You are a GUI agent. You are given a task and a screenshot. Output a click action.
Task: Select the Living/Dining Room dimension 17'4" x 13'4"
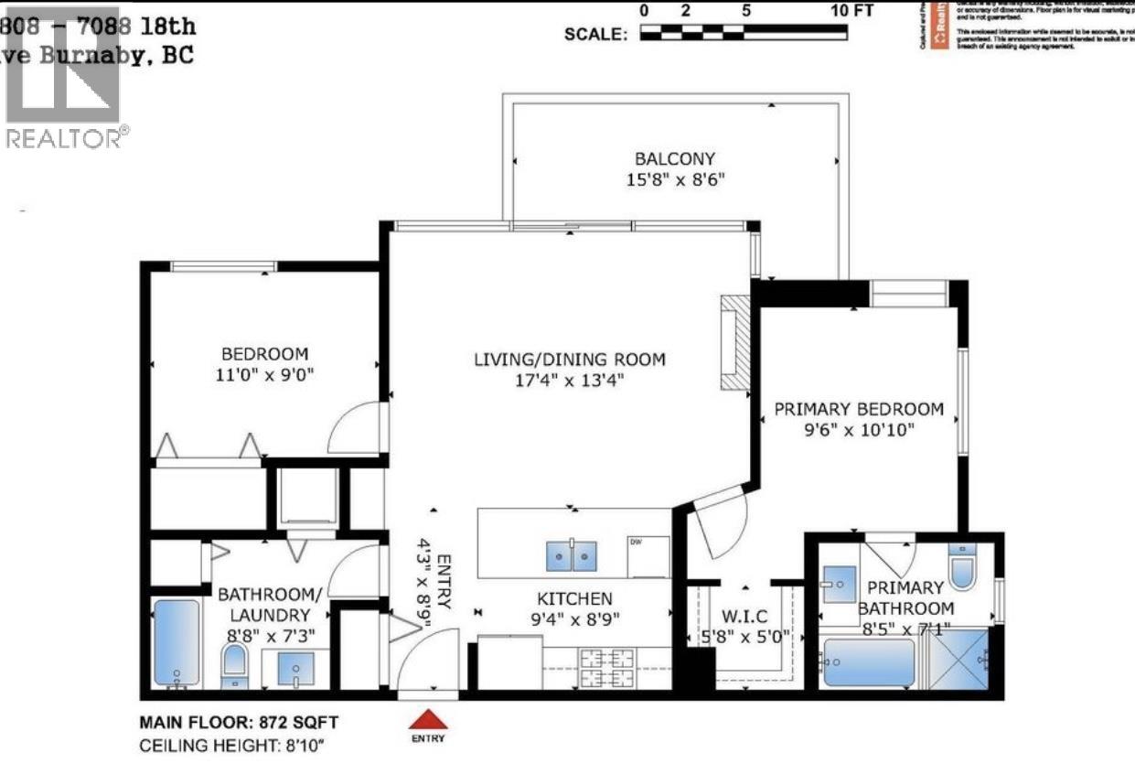569,381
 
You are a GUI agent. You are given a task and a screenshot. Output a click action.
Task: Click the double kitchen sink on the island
572,554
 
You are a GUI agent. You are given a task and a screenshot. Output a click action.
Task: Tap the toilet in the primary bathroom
963,567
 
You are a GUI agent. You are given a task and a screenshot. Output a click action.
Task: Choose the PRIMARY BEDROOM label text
858,409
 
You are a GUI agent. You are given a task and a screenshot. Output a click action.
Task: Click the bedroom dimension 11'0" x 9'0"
264,374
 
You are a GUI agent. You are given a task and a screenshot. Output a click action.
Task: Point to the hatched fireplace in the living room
733,344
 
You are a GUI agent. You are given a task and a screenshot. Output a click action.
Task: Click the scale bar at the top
744,33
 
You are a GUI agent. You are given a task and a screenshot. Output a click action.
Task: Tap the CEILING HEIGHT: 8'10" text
232,746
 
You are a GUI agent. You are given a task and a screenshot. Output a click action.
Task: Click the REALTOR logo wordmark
66,138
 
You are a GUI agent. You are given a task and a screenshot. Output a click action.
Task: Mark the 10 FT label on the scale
852,11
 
